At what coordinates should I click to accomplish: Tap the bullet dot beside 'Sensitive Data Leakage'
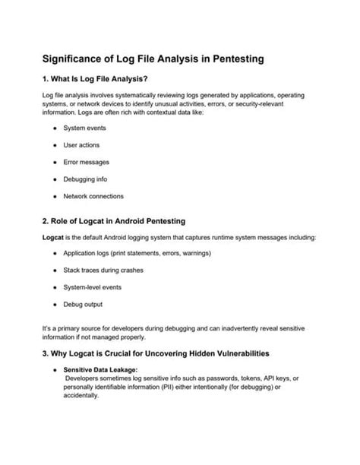[56, 370]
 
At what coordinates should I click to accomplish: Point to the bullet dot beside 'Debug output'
[56, 304]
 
